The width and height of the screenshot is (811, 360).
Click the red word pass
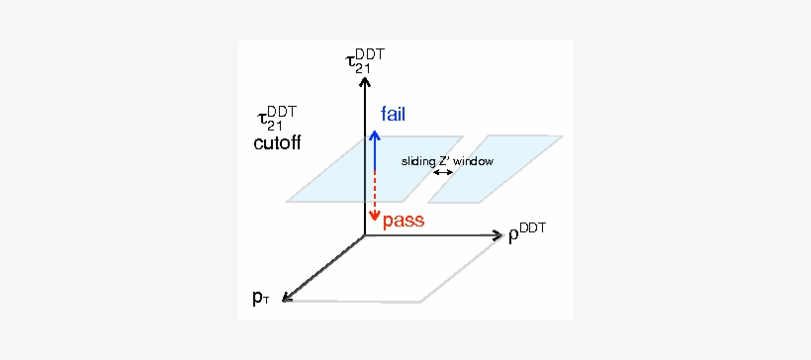pos(404,222)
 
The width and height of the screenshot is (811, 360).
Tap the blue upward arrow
pos(375,148)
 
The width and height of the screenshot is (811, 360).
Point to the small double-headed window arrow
pos(443,173)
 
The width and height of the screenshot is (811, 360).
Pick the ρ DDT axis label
pos(527,236)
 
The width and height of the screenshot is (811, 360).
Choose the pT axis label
pos(261,298)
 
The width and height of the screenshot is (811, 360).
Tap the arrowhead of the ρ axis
pos(498,236)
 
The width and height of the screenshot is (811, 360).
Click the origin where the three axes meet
pos(365,236)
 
